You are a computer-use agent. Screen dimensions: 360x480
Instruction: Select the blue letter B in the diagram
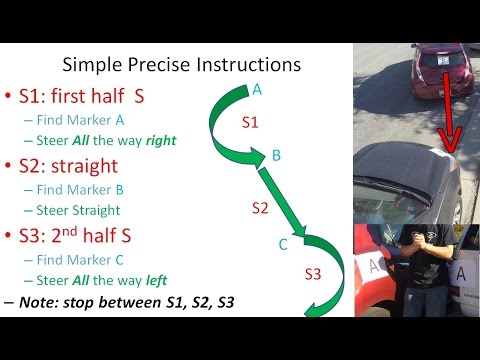point(277,155)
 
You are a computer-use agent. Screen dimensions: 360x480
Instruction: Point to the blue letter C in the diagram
point(283,243)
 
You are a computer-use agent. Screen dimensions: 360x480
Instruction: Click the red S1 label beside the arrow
point(252,122)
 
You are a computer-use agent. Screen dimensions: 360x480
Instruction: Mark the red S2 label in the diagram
point(260,209)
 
